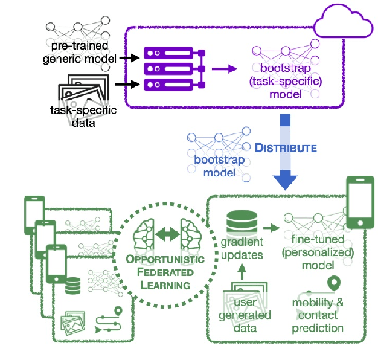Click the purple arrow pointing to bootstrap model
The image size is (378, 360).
223,68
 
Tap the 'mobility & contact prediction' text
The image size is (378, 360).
318,315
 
